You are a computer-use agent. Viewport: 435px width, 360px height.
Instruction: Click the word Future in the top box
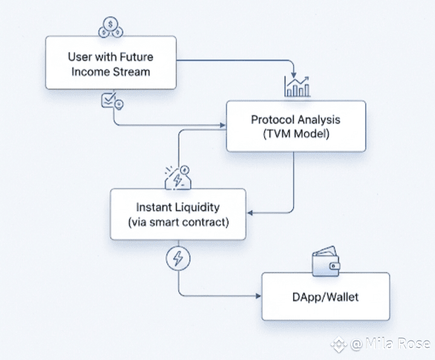click(x=136, y=57)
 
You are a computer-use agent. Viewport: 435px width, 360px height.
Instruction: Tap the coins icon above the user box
click(x=111, y=27)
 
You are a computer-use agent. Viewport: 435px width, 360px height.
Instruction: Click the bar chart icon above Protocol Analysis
click(x=297, y=86)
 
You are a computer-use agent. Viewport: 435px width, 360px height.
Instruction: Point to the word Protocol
click(x=272, y=120)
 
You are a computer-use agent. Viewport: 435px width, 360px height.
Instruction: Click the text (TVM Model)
click(x=296, y=134)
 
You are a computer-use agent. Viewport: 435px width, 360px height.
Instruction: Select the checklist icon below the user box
click(x=112, y=101)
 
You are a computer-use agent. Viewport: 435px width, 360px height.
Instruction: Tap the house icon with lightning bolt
click(x=178, y=178)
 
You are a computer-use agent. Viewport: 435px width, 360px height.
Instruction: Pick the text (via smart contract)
click(x=178, y=222)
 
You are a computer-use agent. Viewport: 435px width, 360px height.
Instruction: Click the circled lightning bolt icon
click(x=178, y=259)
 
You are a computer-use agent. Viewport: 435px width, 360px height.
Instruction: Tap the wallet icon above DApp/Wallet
click(x=326, y=262)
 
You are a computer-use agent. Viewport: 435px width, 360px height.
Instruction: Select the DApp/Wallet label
click(x=326, y=297)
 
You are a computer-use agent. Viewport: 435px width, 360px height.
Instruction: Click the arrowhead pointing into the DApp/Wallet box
click(x=259, y=296)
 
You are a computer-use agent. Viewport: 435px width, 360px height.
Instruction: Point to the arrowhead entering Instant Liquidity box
click(x=250, y=213)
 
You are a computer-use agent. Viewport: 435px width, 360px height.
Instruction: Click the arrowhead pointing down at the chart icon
click(x=294, y=75)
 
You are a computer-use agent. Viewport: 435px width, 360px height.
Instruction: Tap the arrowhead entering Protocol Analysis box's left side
click(x=223, y=125)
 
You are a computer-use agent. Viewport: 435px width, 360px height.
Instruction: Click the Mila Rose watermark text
click(x=391, y=344)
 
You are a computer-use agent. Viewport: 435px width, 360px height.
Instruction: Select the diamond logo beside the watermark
click(x=339, y=344)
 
